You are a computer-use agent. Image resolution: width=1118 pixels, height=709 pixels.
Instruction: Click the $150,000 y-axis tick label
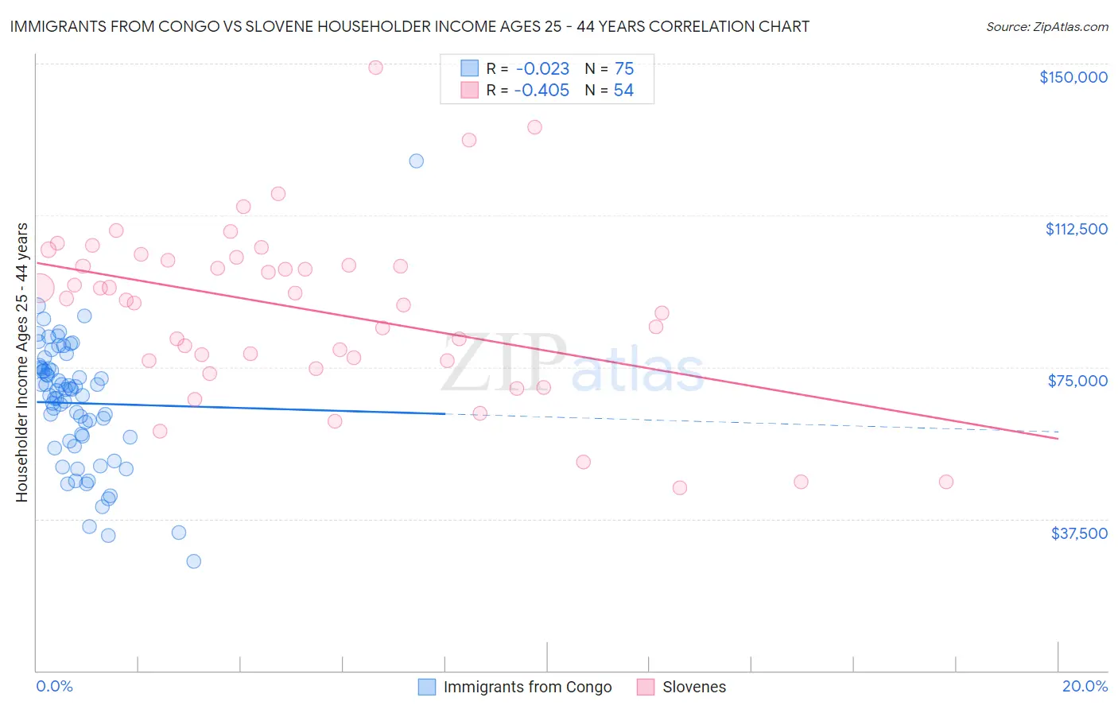(1073, 77)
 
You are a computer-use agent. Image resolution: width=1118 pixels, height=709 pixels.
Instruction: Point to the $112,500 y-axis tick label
(1076, 229)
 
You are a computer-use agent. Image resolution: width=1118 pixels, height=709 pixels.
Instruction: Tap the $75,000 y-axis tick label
(1077, 381)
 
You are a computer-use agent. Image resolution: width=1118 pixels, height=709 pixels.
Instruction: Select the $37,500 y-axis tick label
(1079, 533)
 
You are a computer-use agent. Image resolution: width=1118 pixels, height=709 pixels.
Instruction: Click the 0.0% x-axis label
(54, 686)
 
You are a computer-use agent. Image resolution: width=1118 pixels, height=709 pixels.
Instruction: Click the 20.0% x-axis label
(1085, 686)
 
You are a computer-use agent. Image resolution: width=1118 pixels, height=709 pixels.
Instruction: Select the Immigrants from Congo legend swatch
(427, 687)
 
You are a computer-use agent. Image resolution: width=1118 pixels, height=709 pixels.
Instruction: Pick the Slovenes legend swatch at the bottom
(646, 687)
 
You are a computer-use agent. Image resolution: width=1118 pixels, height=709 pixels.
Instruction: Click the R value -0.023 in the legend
(542, 69)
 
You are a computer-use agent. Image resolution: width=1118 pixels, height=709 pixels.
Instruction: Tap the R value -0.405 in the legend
(542, 91)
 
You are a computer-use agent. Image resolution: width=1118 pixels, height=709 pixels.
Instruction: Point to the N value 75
(624, 69)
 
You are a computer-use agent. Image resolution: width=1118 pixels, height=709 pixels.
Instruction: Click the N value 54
(623, 91)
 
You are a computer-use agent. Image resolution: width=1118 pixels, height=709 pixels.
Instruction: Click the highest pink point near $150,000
(375, 68)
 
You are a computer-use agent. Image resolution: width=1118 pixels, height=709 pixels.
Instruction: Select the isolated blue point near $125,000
(416, 161)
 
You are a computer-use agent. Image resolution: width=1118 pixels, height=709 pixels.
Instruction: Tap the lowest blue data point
(193, 561)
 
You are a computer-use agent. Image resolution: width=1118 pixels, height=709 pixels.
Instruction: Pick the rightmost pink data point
(946, 482)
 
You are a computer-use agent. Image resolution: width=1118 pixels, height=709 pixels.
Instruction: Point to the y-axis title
(21, 362)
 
